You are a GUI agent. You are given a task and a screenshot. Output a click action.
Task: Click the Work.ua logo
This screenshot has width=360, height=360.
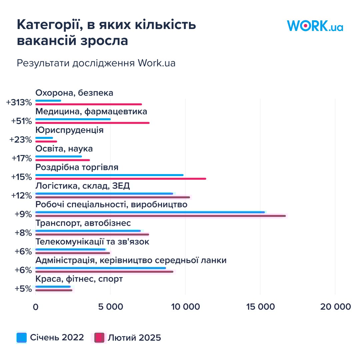[315, 26]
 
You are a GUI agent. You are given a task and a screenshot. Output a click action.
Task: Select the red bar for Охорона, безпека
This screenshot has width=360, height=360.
[88, 104]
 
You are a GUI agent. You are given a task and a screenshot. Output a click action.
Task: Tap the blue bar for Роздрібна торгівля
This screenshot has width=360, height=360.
[109, 175]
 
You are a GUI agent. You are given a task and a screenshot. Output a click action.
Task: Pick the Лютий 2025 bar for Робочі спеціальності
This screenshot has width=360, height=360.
[160, 216]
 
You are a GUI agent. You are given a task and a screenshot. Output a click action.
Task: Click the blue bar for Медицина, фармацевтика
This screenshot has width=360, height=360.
[73, 119]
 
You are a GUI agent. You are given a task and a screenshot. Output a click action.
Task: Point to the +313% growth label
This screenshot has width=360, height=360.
[19, 102]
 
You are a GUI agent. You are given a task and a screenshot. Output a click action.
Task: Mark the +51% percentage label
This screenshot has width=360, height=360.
[21, 121]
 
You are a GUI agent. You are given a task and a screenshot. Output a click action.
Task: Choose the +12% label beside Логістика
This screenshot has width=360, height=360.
[21, 195]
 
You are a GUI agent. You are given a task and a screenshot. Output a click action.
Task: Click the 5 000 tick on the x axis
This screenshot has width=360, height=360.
[110, 307]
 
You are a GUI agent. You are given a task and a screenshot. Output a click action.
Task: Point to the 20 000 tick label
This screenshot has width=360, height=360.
[335, 307]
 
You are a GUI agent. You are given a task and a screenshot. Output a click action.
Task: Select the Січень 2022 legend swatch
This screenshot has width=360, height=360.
[21, 338]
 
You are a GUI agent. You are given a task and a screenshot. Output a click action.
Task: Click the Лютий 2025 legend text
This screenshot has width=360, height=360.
[134, 338]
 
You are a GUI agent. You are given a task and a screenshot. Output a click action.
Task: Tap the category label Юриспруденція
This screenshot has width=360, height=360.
[69, 130]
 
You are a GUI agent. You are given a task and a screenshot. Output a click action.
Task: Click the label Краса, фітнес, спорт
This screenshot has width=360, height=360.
[79, 279]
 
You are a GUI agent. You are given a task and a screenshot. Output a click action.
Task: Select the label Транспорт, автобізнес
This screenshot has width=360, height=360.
[83, 223]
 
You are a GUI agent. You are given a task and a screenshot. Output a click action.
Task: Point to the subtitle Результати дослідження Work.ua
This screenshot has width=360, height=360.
[96, 63]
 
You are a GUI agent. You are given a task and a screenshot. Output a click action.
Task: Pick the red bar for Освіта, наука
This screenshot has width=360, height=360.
[62, 160]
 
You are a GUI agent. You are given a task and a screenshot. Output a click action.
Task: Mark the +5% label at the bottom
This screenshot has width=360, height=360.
[23, 289]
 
